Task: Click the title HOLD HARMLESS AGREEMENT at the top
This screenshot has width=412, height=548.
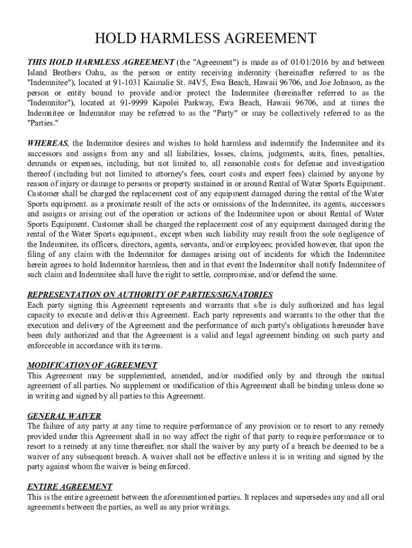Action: (x=205, y=39)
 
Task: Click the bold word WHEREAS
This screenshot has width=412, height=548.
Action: (x=48, y=143)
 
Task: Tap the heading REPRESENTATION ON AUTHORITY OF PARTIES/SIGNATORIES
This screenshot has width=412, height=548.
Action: (x=150, y=295)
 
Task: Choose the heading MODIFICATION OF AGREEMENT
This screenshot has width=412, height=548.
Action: (x=92, y=366)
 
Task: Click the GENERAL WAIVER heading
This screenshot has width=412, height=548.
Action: (x=64, y=416)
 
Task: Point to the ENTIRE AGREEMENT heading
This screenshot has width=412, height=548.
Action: (x=70, y=486)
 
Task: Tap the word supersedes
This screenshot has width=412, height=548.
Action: (x=300, y=497)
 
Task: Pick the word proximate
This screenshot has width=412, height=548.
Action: (x=110, y=204)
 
